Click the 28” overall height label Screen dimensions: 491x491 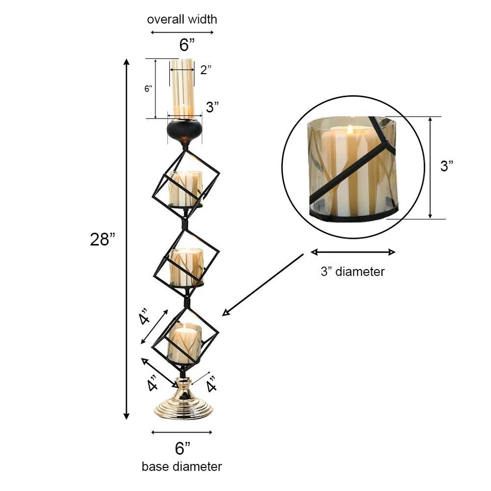click(103, 239)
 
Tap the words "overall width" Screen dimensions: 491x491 click(182, 19)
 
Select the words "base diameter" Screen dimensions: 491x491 click(182, 466)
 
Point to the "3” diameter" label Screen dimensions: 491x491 click(352, 271)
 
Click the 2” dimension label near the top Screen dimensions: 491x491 click(206, 70)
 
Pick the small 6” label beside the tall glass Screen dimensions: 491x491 click(148, 88)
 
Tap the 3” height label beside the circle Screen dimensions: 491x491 click(447, 166)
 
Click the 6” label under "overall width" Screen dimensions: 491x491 click(187, 45)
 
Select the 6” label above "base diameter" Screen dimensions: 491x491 click(183, 449)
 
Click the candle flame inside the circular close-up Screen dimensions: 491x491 click(350, 130)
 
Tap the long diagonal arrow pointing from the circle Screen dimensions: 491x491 click(264, 284)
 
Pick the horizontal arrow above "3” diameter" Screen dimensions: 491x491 click(353, 252)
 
